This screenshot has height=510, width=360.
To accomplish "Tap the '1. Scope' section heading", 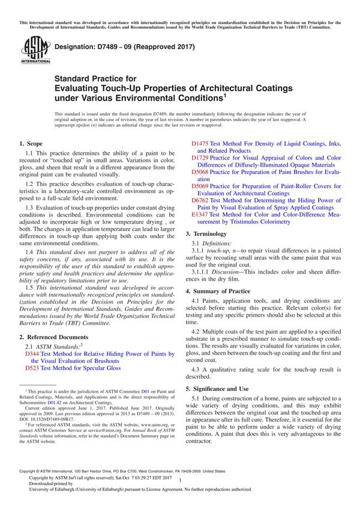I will (31, 144).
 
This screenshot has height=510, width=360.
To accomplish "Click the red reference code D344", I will (32, 355).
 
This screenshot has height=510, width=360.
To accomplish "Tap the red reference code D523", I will (32, 368).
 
